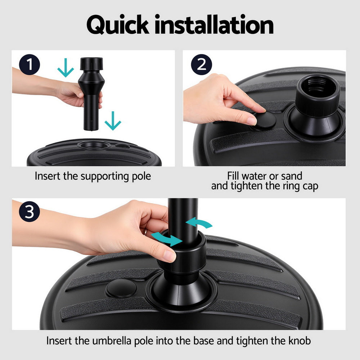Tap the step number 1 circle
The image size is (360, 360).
pyautogui.click(x=29, y=65)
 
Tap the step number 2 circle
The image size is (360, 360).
pyautogui.click(x=202, y=65)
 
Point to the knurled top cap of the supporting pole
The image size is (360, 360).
pyautogui.click(x=91, y=65)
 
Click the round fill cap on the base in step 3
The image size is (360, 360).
pyautogui.click(x=121, y=288)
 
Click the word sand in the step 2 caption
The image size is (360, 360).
pyautogui.click(x=292, y=176)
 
